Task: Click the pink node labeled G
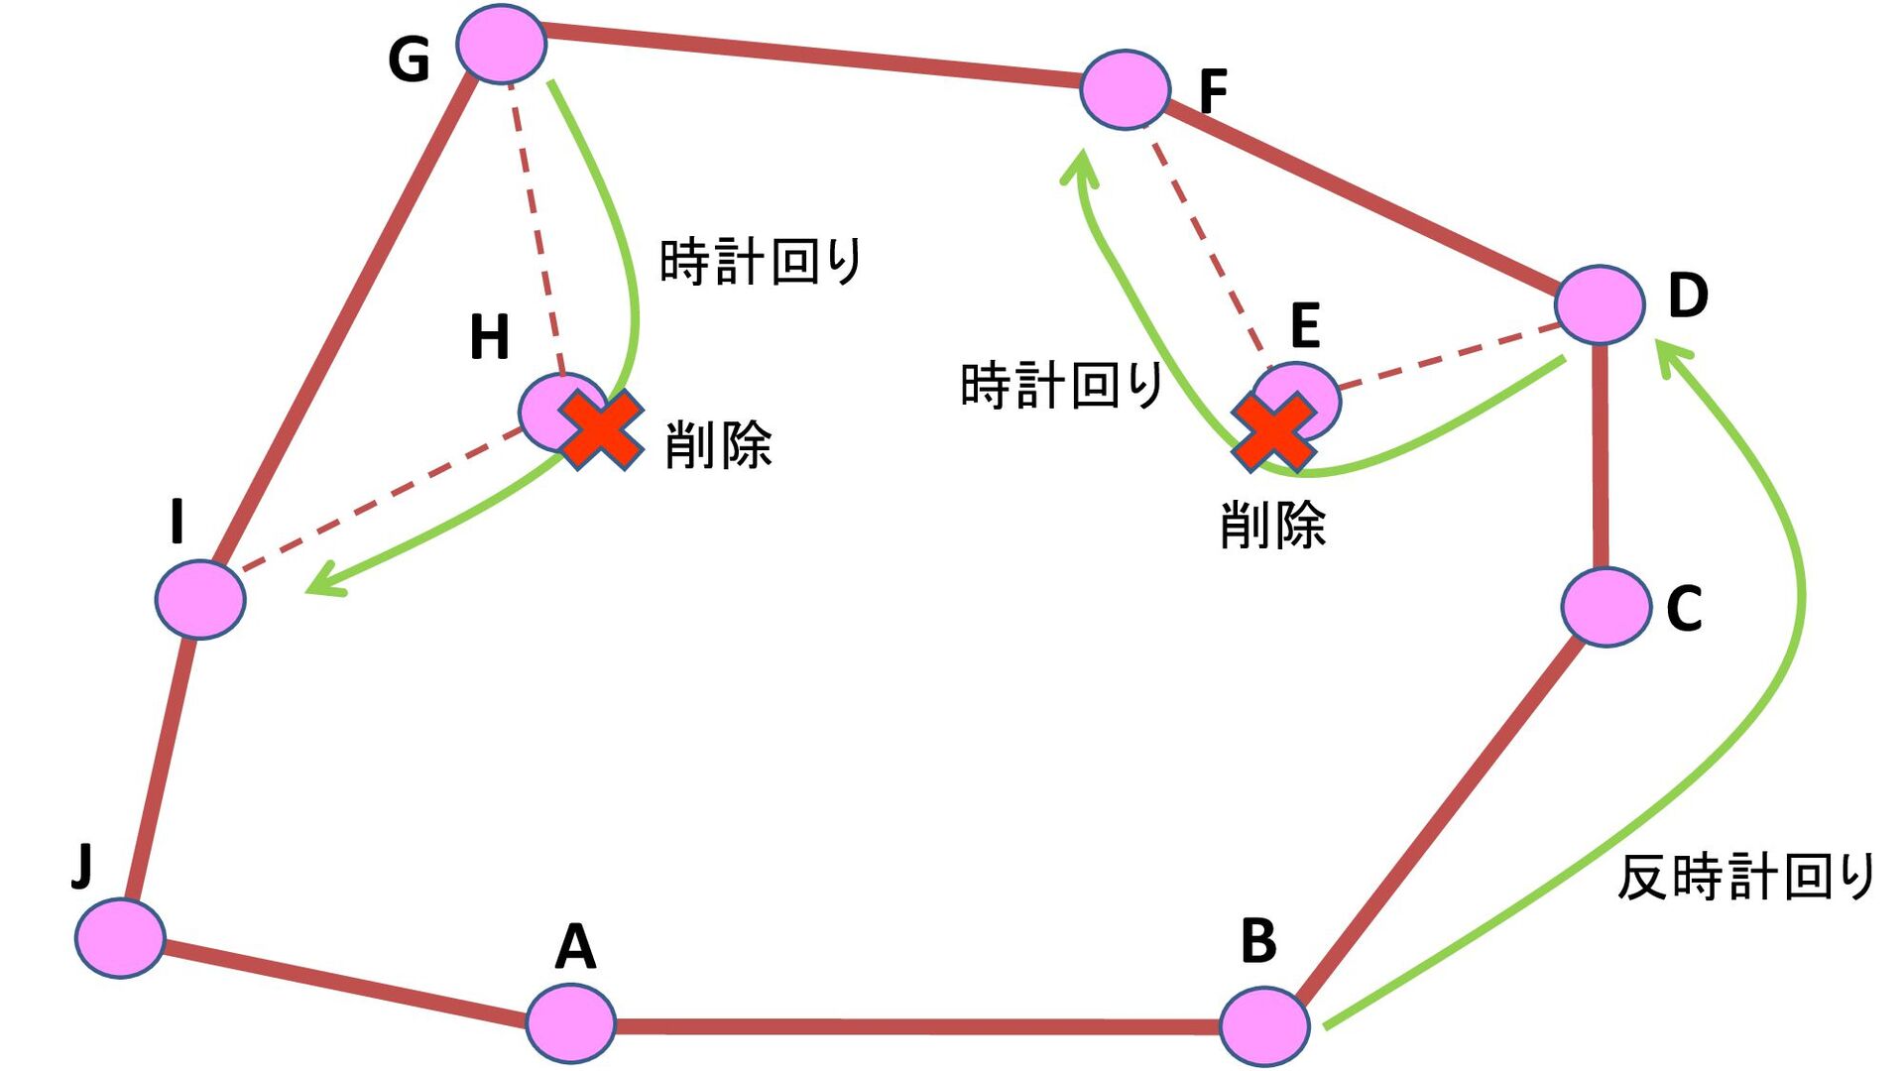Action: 501,44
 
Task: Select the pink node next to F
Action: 1125,89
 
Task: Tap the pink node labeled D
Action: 1600,304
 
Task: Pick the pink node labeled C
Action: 1606,607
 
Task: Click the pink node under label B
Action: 1263,1026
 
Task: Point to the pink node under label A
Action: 570,1022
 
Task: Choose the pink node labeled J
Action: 120,937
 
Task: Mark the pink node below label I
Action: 200,599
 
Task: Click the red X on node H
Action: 601,429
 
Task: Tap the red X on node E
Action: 1274,431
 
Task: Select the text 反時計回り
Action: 1745,877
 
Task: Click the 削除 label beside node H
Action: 718,445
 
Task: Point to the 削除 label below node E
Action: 1272,525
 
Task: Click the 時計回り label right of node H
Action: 761,262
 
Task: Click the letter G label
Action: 409,59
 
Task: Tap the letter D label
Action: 1688,295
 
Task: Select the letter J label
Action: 82,865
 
